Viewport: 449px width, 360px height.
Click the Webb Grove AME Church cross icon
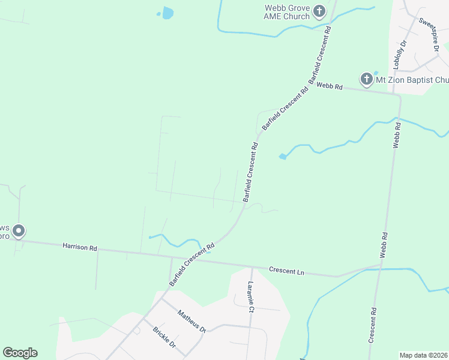(319, 11)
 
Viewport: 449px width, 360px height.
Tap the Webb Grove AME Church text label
(288, 12)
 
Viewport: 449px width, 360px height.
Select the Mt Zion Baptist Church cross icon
(366, 79)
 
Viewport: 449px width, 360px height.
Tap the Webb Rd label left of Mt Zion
(330, 86)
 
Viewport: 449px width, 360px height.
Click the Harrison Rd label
(80, 247)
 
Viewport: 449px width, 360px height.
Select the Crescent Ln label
(286, 271)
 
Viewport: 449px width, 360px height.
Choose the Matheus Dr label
(191, 320)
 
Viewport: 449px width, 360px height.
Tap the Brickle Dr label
(163, 337)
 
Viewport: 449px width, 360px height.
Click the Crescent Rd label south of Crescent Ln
(373, 325)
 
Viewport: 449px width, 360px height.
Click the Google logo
(20, 353)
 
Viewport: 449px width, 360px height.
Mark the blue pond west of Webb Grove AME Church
(167, 13)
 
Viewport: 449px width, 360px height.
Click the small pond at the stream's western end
(282, 157)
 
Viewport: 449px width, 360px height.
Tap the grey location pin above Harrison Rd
(19, 230)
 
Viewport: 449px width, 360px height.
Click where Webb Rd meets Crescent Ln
(381, 264)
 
